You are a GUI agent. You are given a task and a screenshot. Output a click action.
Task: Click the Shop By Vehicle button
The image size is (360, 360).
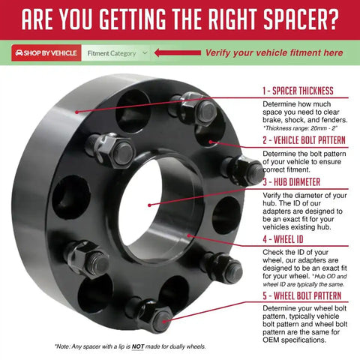point(46,53)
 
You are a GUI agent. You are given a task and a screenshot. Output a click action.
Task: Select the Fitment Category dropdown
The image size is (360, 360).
point(115,53)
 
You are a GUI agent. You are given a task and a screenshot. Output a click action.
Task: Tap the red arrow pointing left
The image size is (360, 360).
point(178,52)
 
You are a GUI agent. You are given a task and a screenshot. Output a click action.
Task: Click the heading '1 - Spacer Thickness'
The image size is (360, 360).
point(298,91)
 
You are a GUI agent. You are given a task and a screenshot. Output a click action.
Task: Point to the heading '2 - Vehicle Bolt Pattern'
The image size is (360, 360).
point(304,140)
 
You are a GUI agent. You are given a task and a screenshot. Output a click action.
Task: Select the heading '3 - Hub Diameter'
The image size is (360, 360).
point(292,182)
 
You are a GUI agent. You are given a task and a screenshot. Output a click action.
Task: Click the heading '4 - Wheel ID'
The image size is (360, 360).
point(283,239)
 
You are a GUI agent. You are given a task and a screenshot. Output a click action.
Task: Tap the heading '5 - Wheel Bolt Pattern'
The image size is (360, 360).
point(302,295)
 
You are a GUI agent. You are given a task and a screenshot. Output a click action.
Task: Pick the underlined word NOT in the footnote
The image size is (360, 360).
point(138,346)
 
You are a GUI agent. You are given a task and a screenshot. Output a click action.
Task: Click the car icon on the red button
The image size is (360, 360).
point(19,53)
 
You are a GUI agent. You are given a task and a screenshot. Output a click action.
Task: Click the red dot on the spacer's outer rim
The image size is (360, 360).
point(77,112)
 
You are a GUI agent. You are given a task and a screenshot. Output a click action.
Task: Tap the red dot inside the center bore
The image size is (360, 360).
point(149,205)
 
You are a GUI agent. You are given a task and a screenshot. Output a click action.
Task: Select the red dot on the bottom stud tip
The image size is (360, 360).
point(163,321)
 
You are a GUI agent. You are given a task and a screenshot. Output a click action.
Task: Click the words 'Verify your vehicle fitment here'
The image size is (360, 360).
point(274,52)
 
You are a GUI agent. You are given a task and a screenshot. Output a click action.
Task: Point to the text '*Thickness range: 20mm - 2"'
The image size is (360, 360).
point(301,128)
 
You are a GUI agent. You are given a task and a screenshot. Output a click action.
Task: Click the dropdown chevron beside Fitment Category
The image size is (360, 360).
point(145,52)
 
